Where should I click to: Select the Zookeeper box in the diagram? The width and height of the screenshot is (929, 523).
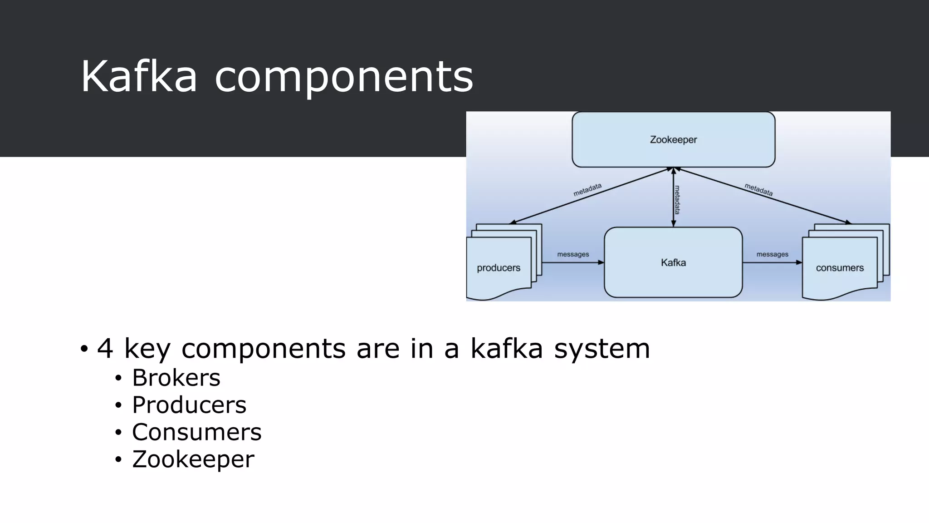(673, 140)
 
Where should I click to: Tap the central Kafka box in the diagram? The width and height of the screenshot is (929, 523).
(673, 262)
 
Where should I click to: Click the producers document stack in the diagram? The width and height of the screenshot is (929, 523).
(499, 267)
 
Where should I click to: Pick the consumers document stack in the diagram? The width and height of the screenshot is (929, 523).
(840, 267)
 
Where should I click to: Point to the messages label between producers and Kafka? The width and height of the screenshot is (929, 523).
(573, 254)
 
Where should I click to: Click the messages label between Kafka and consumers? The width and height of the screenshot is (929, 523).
(772, 254)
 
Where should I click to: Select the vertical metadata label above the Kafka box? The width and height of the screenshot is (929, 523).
(677, 200)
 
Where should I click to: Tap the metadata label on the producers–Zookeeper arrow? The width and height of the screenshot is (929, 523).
(587, 190)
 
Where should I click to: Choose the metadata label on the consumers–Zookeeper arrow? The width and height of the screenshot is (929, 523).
(758, 189)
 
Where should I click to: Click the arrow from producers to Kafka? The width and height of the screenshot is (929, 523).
(573, 262)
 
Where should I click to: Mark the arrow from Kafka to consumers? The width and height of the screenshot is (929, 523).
(772, 262)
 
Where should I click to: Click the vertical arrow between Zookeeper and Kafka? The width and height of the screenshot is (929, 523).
(673, 213)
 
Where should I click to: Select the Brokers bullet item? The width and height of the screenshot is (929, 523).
(176, 378)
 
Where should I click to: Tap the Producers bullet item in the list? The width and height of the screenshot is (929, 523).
(189, 405)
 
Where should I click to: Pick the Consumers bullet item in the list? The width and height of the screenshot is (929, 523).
(196, 432)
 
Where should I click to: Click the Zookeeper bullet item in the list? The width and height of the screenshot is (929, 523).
(193, 459)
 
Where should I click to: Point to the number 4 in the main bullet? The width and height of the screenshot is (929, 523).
(105, 349)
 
